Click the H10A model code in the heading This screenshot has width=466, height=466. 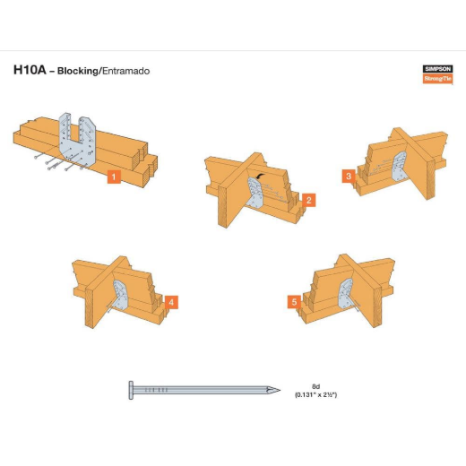click(x=30, y=70)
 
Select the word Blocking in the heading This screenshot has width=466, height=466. click(x=78, y=71)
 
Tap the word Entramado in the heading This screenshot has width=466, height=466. click(x=125, y=71)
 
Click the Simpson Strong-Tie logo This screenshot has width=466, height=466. click(x=438, y=74)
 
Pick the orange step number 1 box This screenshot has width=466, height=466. click(x=114, y=177)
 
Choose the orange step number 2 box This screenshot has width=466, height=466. click(x=309, y=200)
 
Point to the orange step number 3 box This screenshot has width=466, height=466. click(x=349, y=176)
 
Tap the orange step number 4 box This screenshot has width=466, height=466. click(x=171, y=302)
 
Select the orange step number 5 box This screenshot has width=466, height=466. click(x=294, y=302)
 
